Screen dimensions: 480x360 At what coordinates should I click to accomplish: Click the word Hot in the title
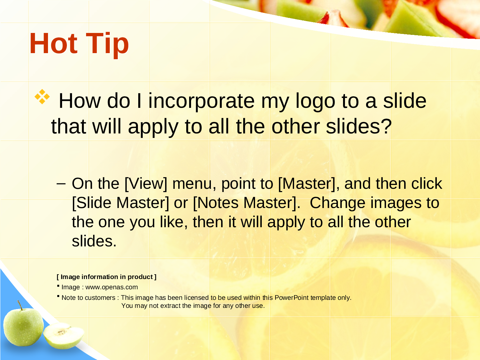pos(53,43)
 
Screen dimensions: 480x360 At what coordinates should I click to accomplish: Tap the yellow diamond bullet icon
pos(42,97)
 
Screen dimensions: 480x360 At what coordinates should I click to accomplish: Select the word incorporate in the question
pos(201,101)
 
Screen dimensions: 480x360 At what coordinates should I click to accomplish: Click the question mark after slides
pos(386,126)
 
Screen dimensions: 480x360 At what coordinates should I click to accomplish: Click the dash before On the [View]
pos(61,184)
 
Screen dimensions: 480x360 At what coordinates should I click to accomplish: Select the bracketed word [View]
pos(146,184)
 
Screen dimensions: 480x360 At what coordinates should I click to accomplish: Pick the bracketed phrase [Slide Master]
pos(120,203)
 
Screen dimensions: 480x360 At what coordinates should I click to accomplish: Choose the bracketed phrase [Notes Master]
pos(247,203)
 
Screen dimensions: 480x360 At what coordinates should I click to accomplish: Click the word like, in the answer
pos(174,222)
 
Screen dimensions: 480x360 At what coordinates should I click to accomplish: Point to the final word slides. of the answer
pos(94,241)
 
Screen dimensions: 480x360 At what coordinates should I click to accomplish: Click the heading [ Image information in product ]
pos(107,277)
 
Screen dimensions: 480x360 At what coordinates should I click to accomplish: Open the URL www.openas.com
pos(112,287)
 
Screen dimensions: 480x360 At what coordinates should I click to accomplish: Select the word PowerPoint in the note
pos(292,298)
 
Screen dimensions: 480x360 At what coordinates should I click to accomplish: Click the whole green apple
pos(23,325)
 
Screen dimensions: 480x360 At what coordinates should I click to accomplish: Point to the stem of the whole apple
pos(20,305)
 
